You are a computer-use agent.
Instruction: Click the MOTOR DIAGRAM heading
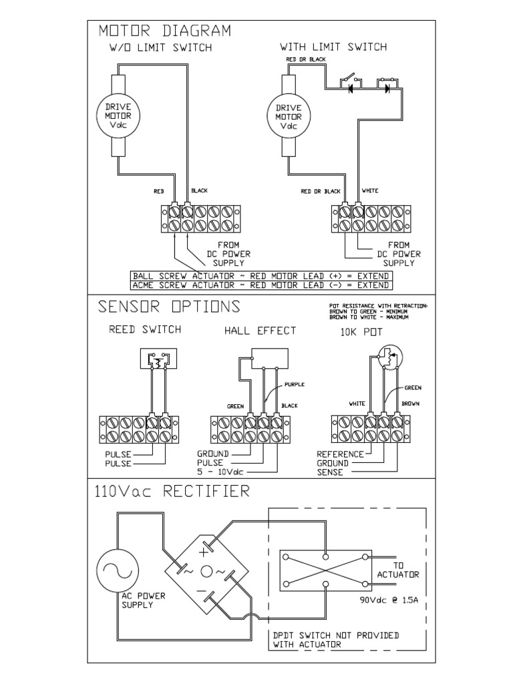164,31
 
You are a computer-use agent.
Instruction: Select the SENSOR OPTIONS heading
169,307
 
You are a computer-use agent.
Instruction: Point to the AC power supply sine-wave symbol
118,569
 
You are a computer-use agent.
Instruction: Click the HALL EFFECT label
260,330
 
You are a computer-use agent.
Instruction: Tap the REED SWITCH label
145,329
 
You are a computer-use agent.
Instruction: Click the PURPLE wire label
294,385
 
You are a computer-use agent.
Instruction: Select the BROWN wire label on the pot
409,403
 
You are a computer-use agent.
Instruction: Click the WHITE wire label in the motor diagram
370,191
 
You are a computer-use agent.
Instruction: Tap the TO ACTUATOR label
398,570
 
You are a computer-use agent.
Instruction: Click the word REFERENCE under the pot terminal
340,454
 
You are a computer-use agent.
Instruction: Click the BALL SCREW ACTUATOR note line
261,276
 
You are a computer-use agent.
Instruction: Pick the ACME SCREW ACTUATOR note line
261,285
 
